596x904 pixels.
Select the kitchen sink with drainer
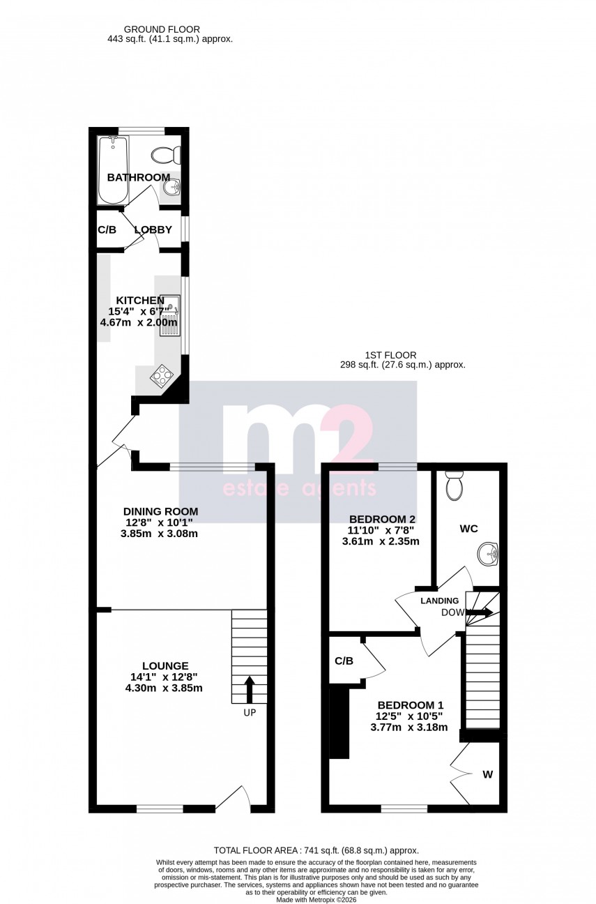click(170, 315)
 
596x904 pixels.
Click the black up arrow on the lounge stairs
click(249, 689)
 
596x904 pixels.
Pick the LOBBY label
click(153, 229)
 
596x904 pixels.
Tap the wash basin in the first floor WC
click(488, 555)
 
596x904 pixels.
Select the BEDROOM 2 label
click(382, 519)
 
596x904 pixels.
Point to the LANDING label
click(439, 601)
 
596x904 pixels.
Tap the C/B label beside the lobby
click(107, 229)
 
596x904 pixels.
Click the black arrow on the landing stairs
click(480, 612)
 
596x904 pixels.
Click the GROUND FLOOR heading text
click(162, 29)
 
